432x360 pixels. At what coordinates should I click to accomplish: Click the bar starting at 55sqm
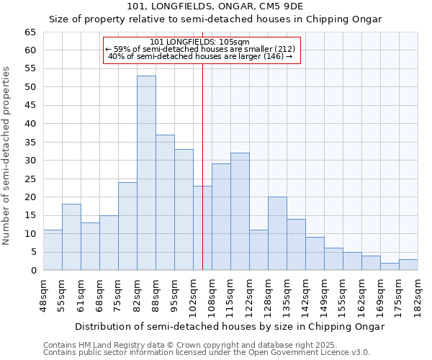[x=71, y=237]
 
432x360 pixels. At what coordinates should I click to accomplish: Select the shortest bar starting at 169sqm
[x=390, y=266]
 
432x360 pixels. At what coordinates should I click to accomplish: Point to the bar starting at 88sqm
[x=165, y=202]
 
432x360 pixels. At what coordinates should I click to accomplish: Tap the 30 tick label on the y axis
[x=30, y=161]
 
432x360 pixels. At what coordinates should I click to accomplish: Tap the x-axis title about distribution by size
[x=230, y=326]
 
